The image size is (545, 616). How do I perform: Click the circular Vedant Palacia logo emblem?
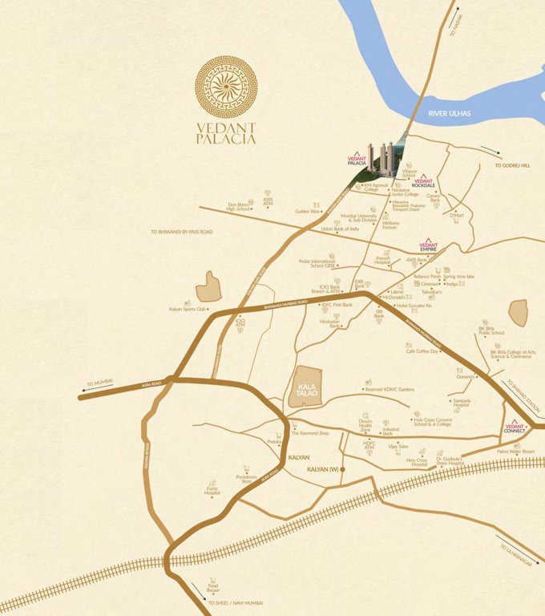click(x=226, y=87)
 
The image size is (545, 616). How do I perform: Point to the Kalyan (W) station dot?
click(x=342, y=468)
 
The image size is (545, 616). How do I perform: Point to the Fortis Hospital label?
click(x=212, y=490)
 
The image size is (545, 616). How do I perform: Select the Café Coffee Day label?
click(x=422, y=351)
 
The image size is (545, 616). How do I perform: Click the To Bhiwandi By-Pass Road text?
click(x=181, y=232)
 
